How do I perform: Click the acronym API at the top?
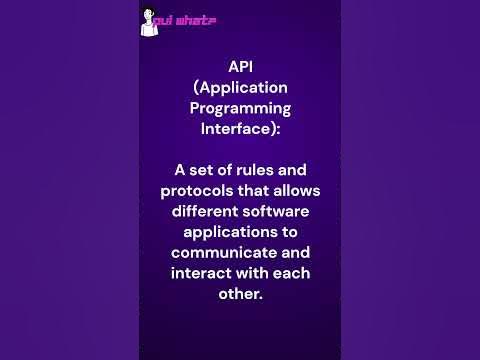[x=240, y=66]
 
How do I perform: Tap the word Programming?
[x=240, y=108]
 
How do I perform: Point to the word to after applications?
[x=286, y=232]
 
